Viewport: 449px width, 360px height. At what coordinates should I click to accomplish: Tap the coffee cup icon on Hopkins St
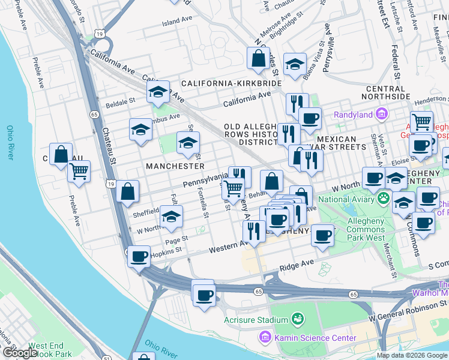pos(139,257)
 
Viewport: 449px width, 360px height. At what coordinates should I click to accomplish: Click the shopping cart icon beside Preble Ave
pos(79,172)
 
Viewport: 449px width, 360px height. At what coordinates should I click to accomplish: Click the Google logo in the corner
pos(20,353)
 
